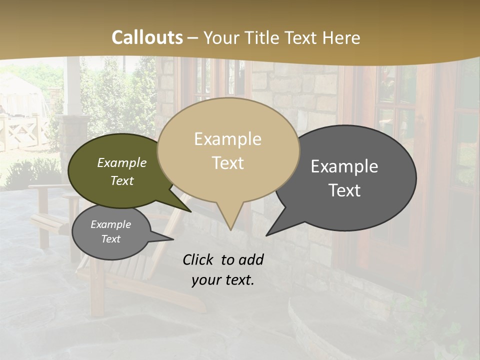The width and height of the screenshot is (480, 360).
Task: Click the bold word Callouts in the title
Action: (x=147, y=37)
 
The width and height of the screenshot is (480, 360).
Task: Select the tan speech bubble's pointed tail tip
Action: (x=230, y=229)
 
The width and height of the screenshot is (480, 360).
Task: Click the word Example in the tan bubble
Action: (x=227, y=139)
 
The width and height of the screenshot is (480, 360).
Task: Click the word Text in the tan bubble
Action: (x=227, y=163)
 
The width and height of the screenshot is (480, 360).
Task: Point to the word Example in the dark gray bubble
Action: (x=344, y=166)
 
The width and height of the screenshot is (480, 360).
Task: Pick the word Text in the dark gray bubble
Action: (x=344, y=190)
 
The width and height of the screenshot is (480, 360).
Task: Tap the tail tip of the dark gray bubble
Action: (x=267, y=235)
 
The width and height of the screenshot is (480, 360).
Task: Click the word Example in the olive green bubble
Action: (x=122, y=162)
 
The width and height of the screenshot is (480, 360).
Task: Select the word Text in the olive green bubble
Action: (x=122, y=180)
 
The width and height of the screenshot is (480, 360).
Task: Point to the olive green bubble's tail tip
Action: (x=191, y=211)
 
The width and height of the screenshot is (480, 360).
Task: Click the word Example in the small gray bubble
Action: (x=111, y=224)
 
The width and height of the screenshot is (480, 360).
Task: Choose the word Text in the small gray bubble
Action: (x=111, y=239)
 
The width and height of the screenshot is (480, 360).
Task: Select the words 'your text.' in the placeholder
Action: (x=223, y=280)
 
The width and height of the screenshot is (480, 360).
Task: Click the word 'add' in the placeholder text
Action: (x=250, y=259)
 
